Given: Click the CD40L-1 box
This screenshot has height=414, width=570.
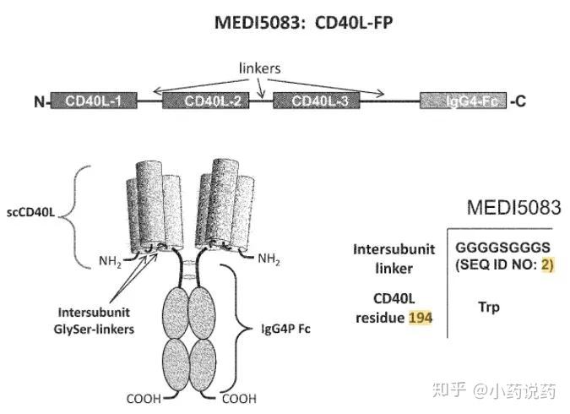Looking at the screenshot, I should click(94, 102).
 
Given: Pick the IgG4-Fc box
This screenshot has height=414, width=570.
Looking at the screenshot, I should click(464, 102).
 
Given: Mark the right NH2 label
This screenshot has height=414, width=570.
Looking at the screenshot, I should click(269, 258).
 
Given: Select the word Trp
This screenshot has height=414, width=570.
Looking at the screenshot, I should click(487, 307).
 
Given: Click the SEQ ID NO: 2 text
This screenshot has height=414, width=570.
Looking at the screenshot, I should click(505, 264).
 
